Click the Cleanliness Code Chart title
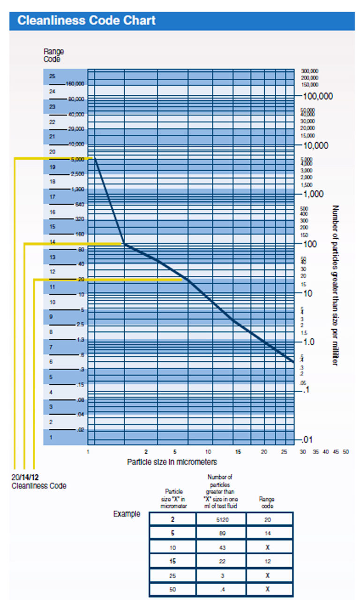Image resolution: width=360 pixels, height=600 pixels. (x=86, y=21)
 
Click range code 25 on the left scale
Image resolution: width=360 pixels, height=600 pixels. (x=52, y=76)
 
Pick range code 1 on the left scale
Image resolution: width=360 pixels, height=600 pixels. (x=52, y=437)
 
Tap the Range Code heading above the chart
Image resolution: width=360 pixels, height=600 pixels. (x=53, y=55)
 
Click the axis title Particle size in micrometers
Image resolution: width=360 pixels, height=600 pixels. (x=172, y=462)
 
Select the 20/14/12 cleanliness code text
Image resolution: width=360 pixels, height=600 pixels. (x=25, y=478)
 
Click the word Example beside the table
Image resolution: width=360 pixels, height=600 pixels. (x=127, y=514)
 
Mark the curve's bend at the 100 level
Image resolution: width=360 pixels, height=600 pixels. (x=124, y=243)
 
